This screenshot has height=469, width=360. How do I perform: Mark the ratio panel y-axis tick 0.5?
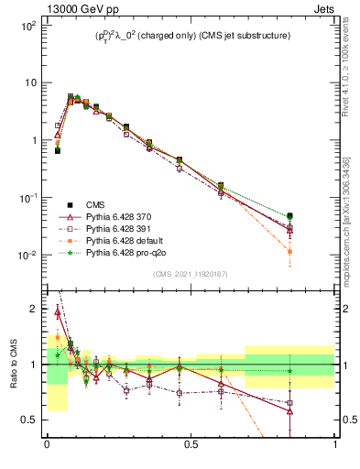pos(29,420)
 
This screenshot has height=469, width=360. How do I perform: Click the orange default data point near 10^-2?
pos(290,251)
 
